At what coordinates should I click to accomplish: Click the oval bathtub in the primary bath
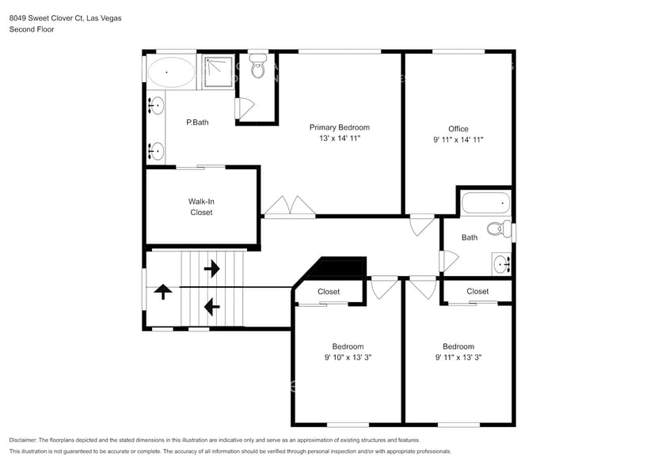[x=171, y=72]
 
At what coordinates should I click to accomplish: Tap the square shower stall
[x=219, y=72]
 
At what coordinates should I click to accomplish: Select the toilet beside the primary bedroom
[x=257, y=66]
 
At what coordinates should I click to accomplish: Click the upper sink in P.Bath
[x=156, y=106]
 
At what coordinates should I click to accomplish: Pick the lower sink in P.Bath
[x=156, y=151]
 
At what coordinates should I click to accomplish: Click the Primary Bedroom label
[x=340, y=127]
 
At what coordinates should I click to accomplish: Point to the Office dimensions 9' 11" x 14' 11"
[x=458, y=140]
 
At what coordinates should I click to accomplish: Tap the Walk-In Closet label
[x=201, y=206]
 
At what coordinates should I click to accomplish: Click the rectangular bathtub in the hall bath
[x=486, y=203]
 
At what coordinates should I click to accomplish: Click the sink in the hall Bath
[x=502, y=264]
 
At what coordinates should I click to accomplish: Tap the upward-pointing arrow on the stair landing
[x=163, y=291]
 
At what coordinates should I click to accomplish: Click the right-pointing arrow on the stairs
[x=212, y=268]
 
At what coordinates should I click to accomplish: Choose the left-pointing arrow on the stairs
[x=212, y=307]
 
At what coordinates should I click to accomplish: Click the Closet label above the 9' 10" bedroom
[x=329, y=291]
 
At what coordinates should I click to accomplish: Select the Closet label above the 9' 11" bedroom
[x=477, y=291]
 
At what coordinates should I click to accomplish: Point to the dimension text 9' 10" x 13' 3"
[x=348, y=357]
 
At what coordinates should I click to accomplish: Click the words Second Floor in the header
[x=32, y=29]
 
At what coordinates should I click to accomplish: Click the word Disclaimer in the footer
[x=23, y=440]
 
